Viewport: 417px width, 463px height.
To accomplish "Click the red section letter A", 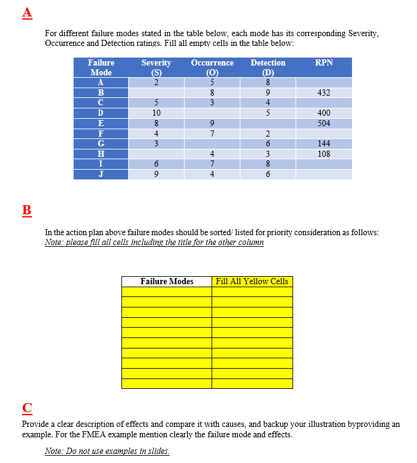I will pos(26,12).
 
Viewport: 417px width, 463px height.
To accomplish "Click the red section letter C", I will pos(26,408).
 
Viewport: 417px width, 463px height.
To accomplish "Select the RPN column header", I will pos(324,63).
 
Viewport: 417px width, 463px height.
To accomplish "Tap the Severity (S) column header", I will pos(156,67).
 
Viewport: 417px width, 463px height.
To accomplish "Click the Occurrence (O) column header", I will pos(212,67).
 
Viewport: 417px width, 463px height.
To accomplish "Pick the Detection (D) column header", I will pos(268,67).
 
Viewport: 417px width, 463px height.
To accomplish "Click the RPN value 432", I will pos(324,92).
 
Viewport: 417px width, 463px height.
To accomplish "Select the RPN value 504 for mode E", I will pos(324,123).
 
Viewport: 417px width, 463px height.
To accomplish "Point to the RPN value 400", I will pos(324,113).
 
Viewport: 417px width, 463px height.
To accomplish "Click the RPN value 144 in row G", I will pos(324,143).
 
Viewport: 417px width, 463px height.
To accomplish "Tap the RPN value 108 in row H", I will pos(324,154).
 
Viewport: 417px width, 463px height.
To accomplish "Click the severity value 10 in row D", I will pos(156,113).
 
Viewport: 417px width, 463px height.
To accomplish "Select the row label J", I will pos(101,174).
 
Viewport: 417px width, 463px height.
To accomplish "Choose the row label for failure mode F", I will pos(101,134).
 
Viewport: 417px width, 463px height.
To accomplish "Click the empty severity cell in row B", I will pos(156,92).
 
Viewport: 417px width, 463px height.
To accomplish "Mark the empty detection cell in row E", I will pos(268,123).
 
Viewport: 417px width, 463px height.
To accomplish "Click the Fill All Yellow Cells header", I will pos(252,282).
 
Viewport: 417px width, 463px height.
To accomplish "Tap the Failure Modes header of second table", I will pos(167,282).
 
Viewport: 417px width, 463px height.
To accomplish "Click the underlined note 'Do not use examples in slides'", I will pos(107,451).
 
